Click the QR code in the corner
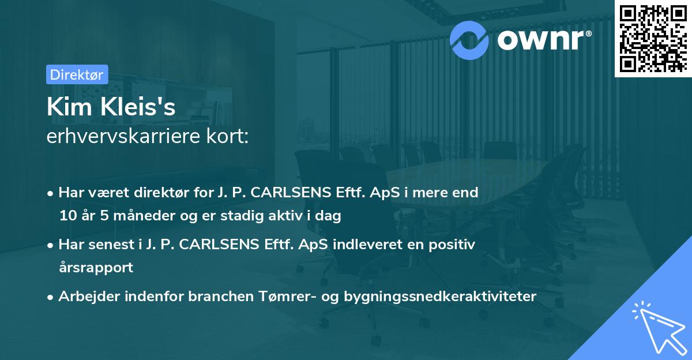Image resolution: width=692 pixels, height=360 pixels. click(x=652, y=39)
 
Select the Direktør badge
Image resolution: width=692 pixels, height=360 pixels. click(x=77, y=74)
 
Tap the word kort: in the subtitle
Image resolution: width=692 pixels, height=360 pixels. click(x=230, y=137)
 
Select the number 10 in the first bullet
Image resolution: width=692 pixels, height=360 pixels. click(x=66, y=216)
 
